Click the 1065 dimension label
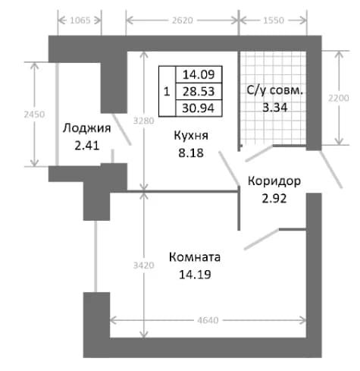coord(80,20)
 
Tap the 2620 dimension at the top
coord(183,20)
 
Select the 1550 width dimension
coord(274,20)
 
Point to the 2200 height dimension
coord(339,98)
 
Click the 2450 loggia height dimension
coord(34,115)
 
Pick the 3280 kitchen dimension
coord(144,121)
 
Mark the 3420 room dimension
coord(144,265)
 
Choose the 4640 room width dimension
coord(208,320)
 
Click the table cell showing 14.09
coord(199,74)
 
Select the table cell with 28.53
coord(199,91)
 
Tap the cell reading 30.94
coord(199,108)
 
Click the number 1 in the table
coord(167,91)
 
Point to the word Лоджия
coord(87,128)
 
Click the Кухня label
coord(191,136)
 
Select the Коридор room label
coord(274,181)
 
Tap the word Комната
coord(195,257)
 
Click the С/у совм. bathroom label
coord(275,90)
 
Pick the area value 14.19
coord(195,275)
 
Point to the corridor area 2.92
coord(274,199)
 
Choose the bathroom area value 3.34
coord(275,108)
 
